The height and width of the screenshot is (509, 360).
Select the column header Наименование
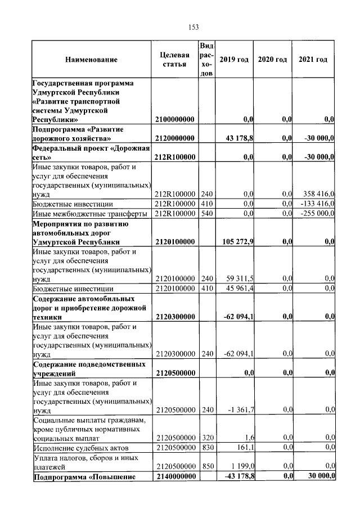[x=91, y=60]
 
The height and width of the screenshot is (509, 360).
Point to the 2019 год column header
[x=233, y=60]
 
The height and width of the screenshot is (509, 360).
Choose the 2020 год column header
[x=272, y=60]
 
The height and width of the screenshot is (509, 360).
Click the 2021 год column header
[x=313, y=60]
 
